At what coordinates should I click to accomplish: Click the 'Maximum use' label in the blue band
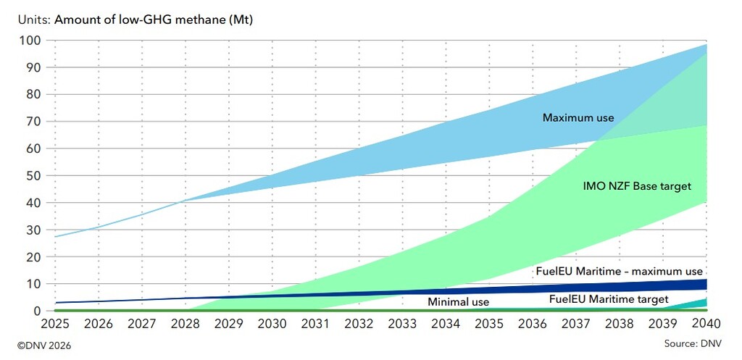578,117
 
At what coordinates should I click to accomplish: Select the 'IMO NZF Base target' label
637,187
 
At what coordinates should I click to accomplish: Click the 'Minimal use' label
458,302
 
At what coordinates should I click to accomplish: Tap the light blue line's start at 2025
56,237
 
